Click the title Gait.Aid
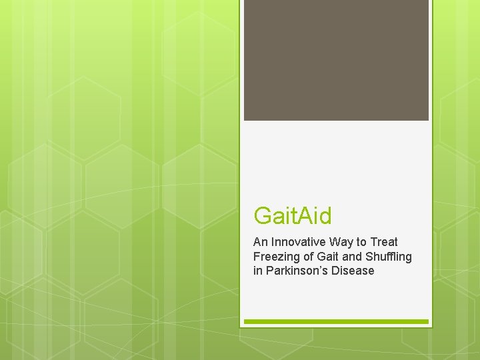(293, 215)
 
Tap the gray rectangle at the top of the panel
(336, 60)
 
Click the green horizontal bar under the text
(336, 321)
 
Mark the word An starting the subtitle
(260, 242)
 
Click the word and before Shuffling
(351, 257)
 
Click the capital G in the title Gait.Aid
(262, 216)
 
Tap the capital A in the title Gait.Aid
(305, 215)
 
